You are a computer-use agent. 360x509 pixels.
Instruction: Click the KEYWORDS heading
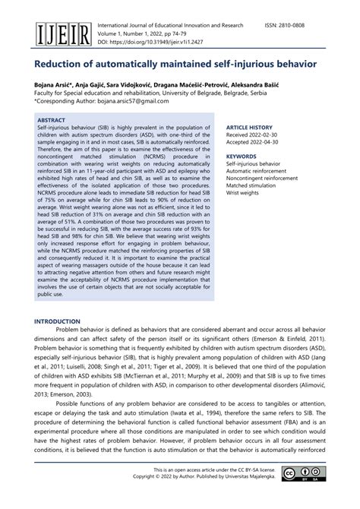243,156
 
